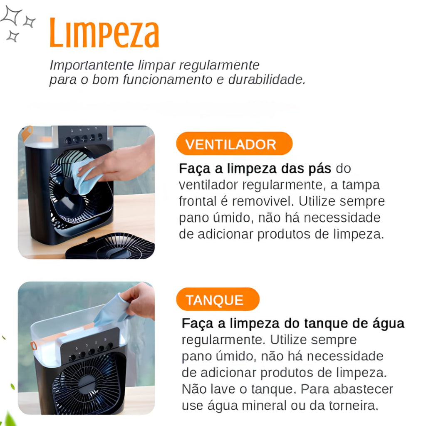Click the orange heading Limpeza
[104, 33]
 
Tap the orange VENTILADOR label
[234, 144]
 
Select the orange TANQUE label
[218, 299]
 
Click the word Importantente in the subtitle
[92, 65]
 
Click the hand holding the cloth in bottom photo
[139, 300]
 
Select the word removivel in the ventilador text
[263, 201]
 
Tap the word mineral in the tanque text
[264, 406]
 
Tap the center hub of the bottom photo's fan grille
[87, 384]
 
